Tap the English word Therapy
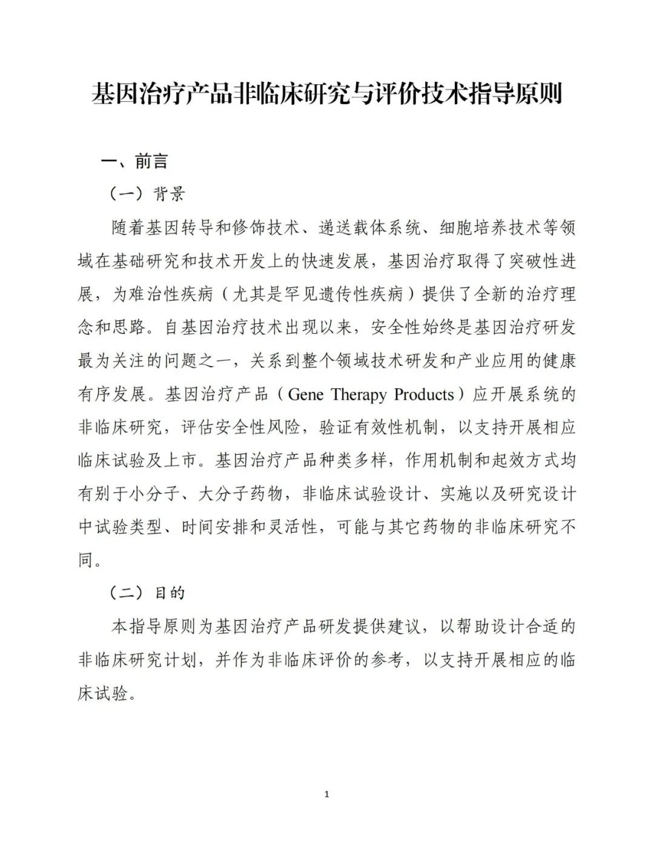[x=358, y=395]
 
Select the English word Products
[x=423, y=395]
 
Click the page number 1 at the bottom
[x=327, y=794]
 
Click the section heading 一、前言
[x=134, y=162]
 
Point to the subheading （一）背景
[x=147, y=194]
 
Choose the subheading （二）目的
[x=147, y=593]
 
